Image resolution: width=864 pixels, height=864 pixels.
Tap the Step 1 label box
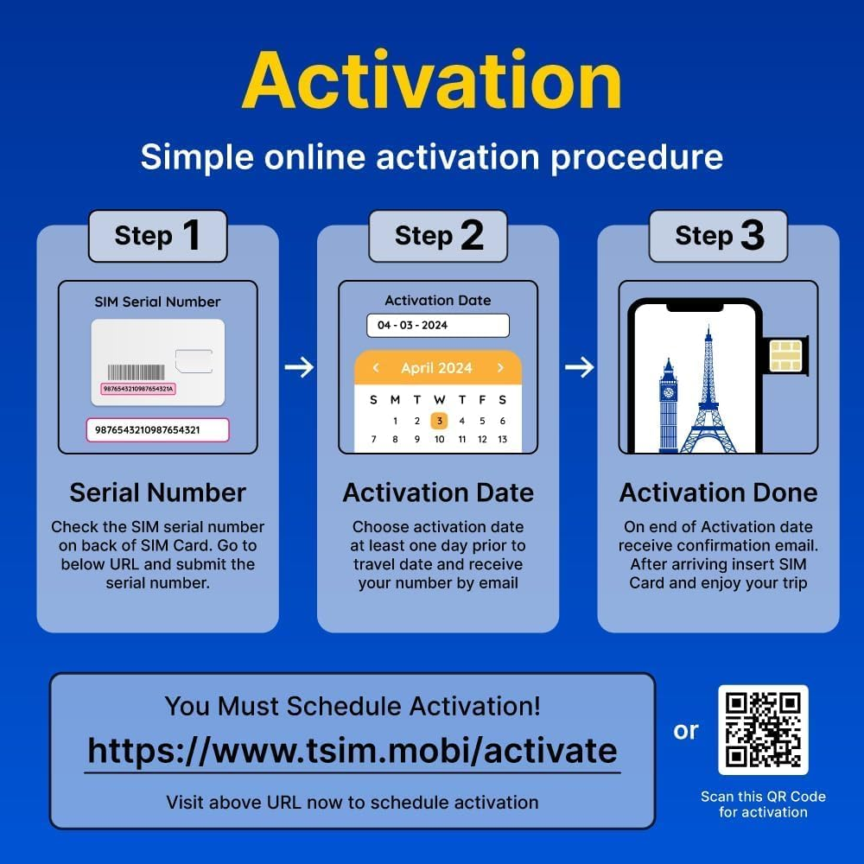(x=157, y=236)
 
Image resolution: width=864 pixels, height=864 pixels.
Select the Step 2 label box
(x=438, y=236)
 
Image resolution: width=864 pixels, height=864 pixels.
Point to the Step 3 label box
(x=719, y=236)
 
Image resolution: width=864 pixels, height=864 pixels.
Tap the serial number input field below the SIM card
(x=157, y=429)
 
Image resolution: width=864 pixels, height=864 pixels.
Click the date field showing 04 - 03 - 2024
(x=437, y=326)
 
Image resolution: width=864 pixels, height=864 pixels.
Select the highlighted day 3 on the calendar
(x=439, y=421)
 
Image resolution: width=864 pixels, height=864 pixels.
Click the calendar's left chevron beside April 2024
(x=376, y=368)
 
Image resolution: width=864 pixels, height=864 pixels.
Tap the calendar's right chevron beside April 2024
(x=500, y=368)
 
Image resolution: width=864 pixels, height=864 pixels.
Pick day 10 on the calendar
(x=439, y=440)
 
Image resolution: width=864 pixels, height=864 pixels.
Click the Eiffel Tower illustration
(x=708, y=393)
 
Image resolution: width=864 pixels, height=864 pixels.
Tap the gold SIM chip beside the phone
(x=785, y=354)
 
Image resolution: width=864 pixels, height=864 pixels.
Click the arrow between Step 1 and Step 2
(x=299, y=368)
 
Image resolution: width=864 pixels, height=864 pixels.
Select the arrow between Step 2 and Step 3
(x=579, y=368)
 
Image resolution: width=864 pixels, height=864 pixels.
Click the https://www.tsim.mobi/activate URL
(x=353, y=750)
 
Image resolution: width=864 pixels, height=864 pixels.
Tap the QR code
(x=763, y=730)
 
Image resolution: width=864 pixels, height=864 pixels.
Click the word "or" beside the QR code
(x=686, y=731)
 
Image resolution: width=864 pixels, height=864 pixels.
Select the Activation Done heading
(x=718, y=492)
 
